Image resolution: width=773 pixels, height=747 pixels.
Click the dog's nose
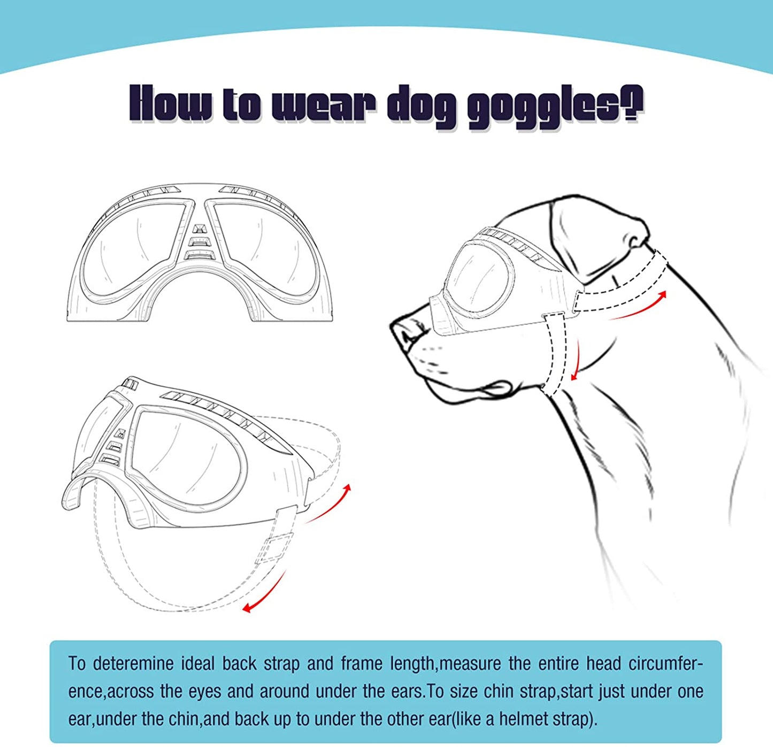point(405,331)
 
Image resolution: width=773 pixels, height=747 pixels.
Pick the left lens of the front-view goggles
point(134,246)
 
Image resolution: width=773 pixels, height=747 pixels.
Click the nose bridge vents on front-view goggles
point(198,241)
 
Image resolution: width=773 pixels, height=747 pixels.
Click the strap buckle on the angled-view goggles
point(273,548)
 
